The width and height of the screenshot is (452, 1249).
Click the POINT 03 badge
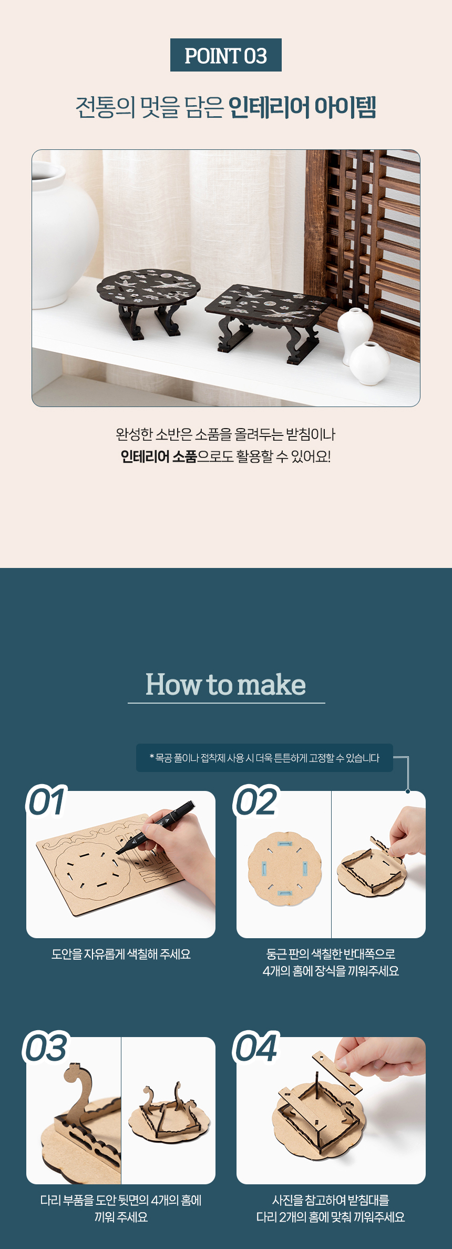tap(226, 55)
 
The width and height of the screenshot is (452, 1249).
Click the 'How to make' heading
tap(226, 684)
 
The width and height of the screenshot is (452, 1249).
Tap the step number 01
tap(47, 802)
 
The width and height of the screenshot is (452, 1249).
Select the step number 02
tap(256, 802)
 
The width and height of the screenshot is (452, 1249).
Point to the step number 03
tap(46, 1048)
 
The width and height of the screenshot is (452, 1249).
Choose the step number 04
tap(256, 1048)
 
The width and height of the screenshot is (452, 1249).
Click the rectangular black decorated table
tap(269, 321)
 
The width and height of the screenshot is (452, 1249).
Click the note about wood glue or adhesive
tap(264, 758)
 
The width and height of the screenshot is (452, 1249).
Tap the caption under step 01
tap(121, 954)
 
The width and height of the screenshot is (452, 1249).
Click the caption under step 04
tap(331, 1209)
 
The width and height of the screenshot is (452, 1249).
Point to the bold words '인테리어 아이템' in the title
tap(302, 107)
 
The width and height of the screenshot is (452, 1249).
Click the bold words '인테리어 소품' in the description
tap(158, 456)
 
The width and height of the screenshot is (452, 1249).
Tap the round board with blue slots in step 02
tap(284, 869)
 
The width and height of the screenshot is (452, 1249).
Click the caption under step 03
tap(121, 1209)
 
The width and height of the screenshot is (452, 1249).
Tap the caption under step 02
tap(331, 962)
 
